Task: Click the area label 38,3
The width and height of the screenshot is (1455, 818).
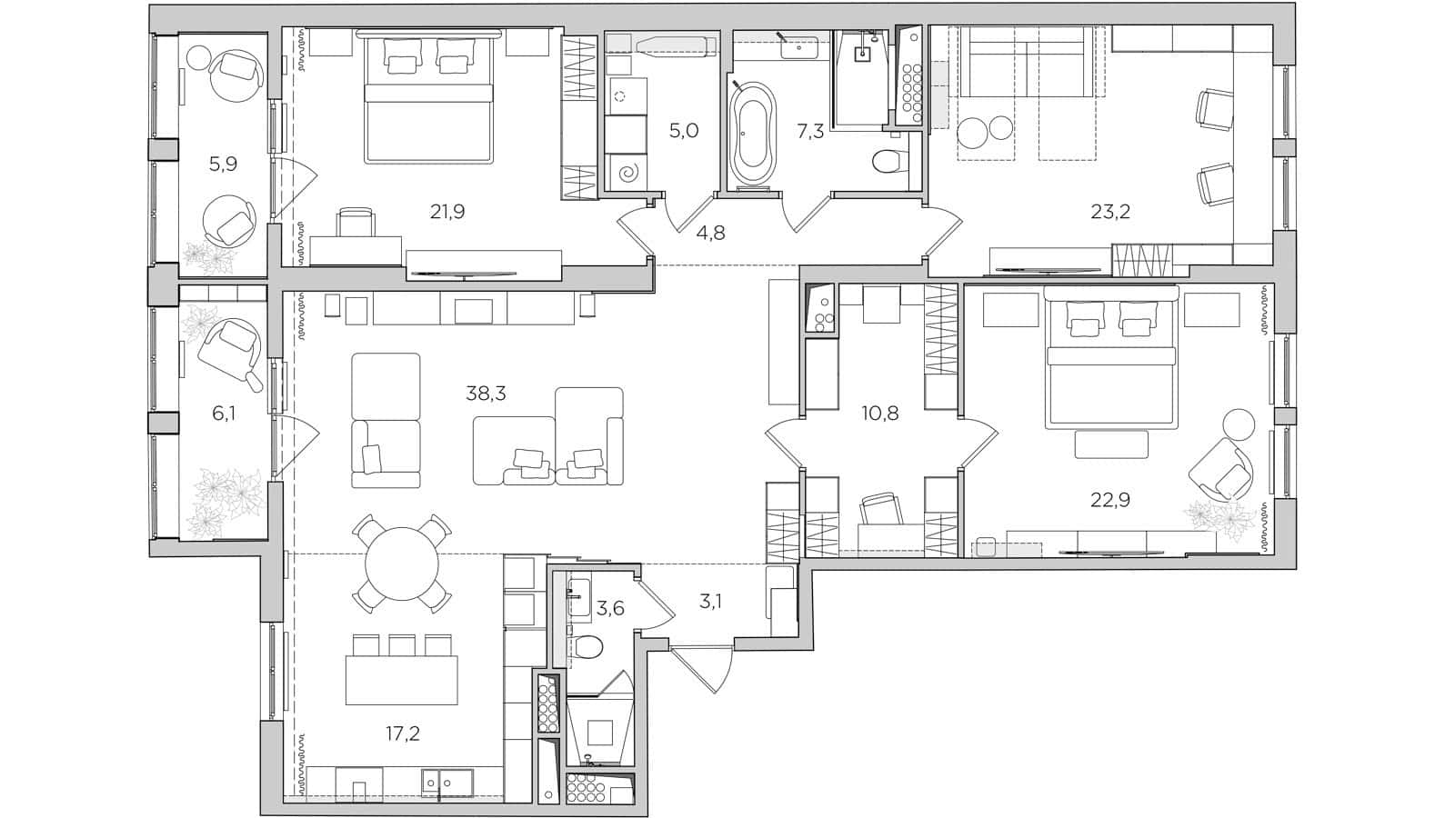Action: tap(486, 394)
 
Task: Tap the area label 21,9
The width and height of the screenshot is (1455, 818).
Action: tap(447, 212)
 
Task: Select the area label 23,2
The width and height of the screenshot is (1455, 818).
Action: tap(1110, 212)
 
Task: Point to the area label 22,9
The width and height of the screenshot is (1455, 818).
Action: tap(1110, 499)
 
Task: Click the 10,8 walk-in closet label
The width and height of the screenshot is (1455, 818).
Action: tap(879, 414)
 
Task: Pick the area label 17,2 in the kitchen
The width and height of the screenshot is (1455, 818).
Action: tap(402, 733)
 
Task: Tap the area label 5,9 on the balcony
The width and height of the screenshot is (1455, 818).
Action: tap(223, 165)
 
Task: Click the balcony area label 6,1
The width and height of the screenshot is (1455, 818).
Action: tap(224, 414)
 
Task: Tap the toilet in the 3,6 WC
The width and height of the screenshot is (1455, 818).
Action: tap(589, 647)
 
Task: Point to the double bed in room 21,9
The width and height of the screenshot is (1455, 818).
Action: tap(428, 105)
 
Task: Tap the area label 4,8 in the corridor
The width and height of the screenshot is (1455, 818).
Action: tap(710, 233)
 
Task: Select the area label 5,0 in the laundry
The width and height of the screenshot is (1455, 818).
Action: tap(683, 131)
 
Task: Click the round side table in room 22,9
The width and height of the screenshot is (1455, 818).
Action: tap(1238, 424)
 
